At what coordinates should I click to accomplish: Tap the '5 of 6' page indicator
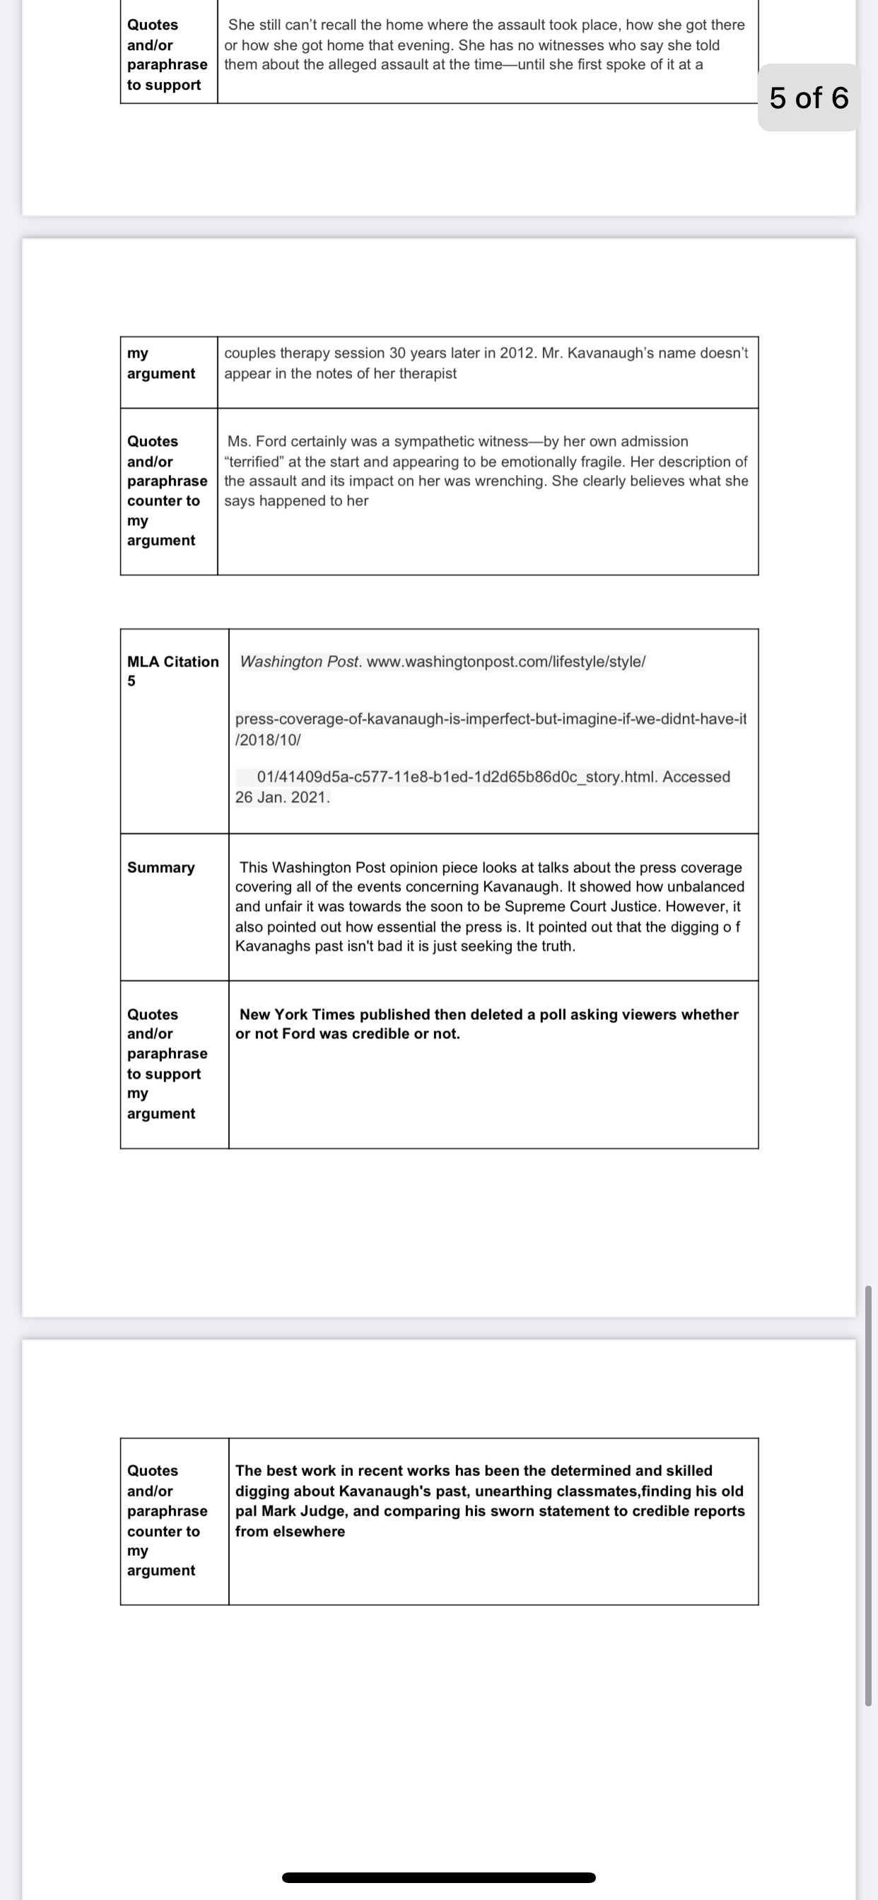(x=809, y=98)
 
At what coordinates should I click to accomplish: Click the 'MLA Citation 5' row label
(x=172, y=671)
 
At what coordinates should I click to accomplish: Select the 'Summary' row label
(x=161, y=867)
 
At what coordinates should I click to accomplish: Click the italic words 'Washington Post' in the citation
(x=300, y=662)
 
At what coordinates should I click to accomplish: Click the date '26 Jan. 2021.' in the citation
(x=283, y=797)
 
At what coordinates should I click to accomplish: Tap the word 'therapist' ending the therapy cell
(x=428, y=373)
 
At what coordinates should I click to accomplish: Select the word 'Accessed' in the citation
(x=696, y=777)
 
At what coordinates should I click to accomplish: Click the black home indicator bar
(x=438, y=1877)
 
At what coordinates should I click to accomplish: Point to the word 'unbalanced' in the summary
(x=706, y=886)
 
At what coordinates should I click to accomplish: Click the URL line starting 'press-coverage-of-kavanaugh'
(x=491, y=718)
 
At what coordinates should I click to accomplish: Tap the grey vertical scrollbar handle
(x=868, y=1497)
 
